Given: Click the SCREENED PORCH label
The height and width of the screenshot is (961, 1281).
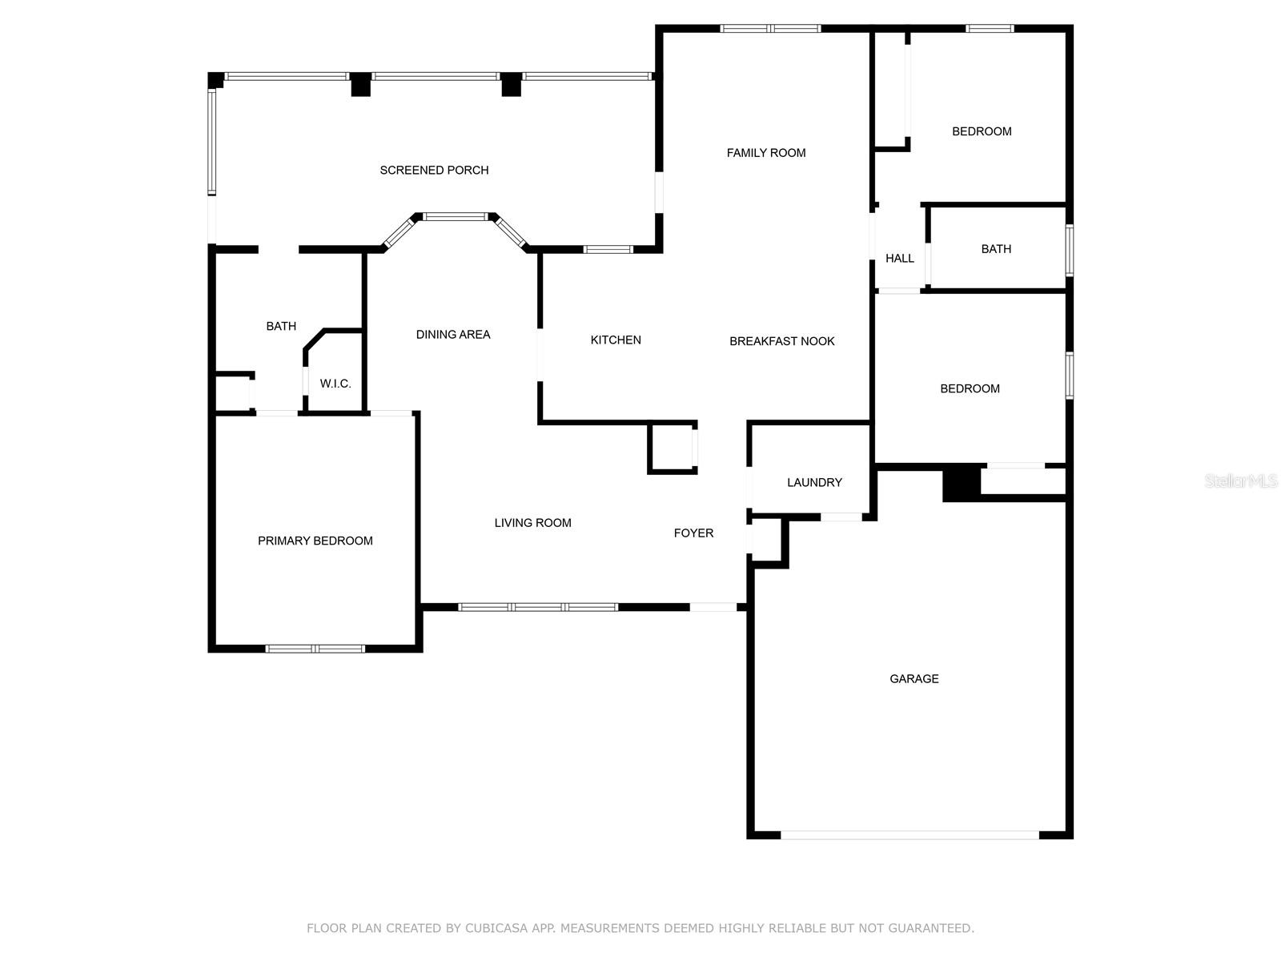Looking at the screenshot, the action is [x=434, y=171].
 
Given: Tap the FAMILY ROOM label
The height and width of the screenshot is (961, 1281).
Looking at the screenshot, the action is [x=765, y=153].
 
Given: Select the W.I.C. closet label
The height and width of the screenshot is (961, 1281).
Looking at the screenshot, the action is [x=335, y=384].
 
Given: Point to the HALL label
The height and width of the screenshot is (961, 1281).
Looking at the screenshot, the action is [x=899, y=258].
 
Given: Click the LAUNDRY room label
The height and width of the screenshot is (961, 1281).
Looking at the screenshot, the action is [x=814, y=483].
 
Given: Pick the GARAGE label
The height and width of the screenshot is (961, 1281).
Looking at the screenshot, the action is [x=914, y=678].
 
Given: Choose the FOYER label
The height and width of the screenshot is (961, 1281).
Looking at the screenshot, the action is [x=693, y=533].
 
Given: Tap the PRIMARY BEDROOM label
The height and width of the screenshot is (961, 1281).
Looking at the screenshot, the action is [x=315, y=541].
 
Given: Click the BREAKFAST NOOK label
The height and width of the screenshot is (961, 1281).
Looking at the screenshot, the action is [x=782, y=341].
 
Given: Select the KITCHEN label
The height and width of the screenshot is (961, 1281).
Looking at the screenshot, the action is [x=616, y=340].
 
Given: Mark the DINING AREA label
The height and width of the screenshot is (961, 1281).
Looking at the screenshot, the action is [x=453, y=334].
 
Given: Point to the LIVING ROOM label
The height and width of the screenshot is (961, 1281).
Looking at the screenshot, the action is [x=533, y=523].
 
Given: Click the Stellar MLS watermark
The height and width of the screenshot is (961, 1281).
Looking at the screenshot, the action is [x=1241, y=480].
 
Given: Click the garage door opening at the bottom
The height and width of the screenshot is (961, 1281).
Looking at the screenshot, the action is [x=910, y=835].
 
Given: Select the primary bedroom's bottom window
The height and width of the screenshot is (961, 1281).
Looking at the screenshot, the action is [x=315, y=649].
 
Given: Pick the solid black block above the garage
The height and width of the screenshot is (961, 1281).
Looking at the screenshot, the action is [x=962, y=483].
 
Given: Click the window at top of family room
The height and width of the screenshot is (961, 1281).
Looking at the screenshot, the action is [x=770, y=28].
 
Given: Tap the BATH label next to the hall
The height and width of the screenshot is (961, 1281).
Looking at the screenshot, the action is [x=996, y=249].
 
